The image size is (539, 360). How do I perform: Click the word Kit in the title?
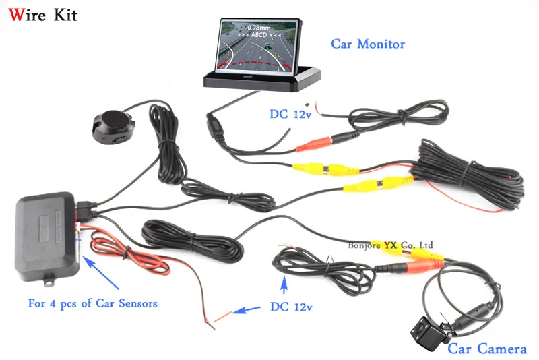(x=64, y=14)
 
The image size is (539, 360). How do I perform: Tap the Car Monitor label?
(x=368, y=44)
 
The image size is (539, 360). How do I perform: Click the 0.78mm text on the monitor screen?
(x=259, y=28)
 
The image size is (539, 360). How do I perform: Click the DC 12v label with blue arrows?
(x=292, y=307)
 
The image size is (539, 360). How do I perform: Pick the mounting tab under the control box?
(x=49, y=274)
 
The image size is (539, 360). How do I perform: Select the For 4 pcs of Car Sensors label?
(x=92, y=303)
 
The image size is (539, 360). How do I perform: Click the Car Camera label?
(x=487, y=349)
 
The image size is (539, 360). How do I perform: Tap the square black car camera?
(x=429, y=331)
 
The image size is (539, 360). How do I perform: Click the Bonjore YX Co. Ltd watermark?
(x=391, y=245)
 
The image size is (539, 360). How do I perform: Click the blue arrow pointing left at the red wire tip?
(x=246, y=311)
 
